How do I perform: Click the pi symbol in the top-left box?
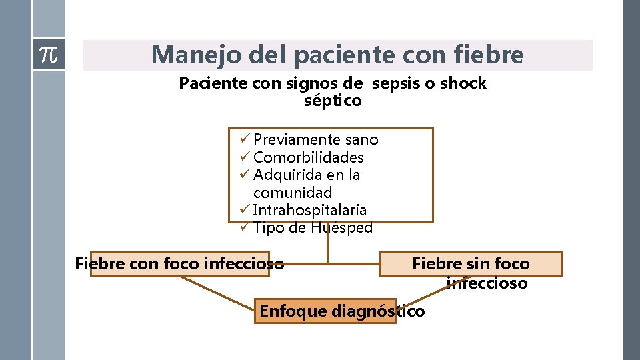[x=49, y=55]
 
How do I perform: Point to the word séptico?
[x=333, y=101]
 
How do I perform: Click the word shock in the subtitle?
[x=463, y=83]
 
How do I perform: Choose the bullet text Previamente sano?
[x=315, y=139]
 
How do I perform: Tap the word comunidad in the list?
[x=293, y=193]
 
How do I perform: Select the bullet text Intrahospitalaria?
[x=309, y=210]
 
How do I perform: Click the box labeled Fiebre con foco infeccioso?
[x=180, y=264]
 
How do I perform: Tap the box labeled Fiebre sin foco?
[x=471, y=264]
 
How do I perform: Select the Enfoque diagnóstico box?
[x=325, y=311]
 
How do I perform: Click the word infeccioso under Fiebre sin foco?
[x=487, y=283]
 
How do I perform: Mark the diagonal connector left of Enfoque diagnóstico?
[x=217, y=293]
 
